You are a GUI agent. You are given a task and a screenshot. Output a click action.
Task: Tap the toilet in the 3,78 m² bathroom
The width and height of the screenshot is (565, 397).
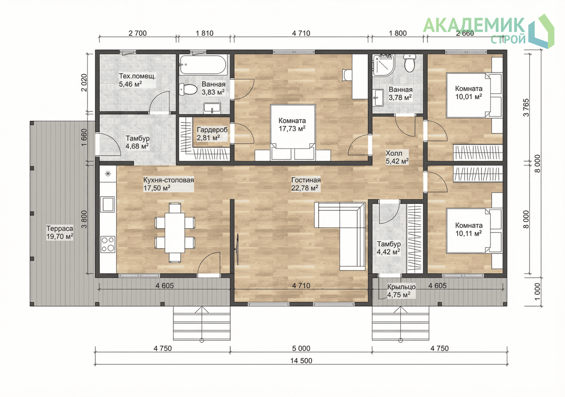410,63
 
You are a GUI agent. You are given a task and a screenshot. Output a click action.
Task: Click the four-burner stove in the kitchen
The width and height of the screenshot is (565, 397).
108,244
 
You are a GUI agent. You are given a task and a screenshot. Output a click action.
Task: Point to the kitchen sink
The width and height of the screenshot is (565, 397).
108,204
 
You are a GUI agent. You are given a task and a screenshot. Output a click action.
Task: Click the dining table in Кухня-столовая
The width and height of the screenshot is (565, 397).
175,233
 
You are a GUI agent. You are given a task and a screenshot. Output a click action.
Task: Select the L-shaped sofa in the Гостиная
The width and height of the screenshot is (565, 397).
340,236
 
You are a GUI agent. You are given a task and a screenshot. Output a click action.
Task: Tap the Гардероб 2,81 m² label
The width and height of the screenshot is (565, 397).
212,134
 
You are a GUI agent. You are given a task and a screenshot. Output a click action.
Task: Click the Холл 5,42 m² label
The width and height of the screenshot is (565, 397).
397,157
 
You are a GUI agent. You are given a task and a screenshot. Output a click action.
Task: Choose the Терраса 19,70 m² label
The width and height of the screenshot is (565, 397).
60,233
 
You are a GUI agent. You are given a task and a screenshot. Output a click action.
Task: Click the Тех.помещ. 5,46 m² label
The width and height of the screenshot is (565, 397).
137,80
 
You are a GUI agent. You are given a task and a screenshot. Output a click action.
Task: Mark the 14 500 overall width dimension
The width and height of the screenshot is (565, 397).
301,361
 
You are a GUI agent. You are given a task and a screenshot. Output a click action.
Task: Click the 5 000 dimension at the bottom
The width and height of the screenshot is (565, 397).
301,348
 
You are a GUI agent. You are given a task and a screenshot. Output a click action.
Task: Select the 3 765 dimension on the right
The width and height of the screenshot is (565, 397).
527,107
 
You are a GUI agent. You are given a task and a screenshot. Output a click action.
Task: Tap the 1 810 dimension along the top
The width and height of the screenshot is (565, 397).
204,33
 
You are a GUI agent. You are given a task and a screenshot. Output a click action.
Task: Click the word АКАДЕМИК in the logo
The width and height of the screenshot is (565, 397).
474,25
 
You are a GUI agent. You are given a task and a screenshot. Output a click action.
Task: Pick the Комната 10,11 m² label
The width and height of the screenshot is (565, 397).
469,229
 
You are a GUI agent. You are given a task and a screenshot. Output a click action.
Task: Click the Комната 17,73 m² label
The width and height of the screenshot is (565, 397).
292,125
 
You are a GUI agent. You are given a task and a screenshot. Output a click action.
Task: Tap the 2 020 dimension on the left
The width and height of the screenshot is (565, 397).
84,83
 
